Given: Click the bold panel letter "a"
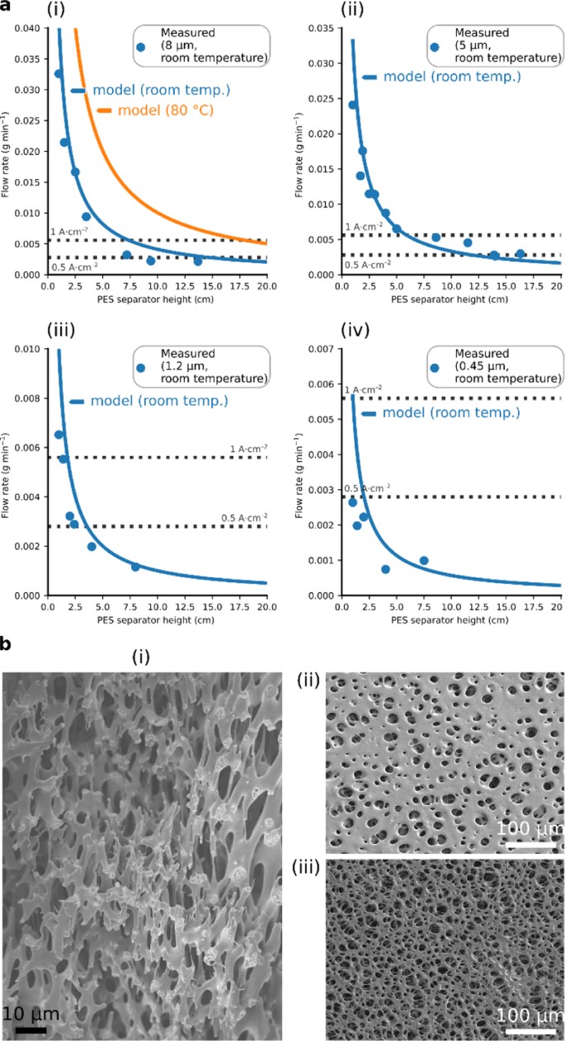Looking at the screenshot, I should click(x=7, y=7).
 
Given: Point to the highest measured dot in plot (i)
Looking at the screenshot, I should click(x=59, y=73).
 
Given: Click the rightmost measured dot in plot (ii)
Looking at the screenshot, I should click(x=520, y=254).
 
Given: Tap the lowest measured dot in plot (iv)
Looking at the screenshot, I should click(x=385, y=569).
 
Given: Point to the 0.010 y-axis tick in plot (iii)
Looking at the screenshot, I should click(x=27, y=350).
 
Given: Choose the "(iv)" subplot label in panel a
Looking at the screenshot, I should click(x=355, y=331).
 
